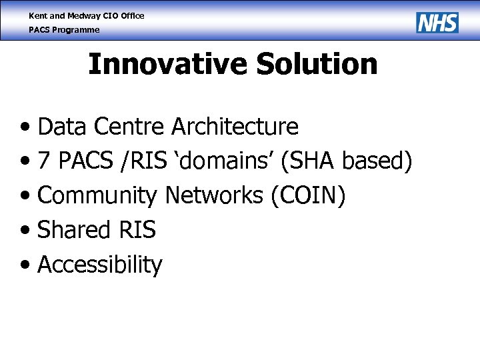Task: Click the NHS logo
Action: pyautogui.click(x=437, y=23)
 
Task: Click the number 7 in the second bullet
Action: pyautogui.click(x=44, y=161)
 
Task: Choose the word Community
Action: pyautogui.click(x=97, y=195)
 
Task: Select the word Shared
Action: pyautogui.click(x=73, y=230)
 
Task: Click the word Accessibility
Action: pyautogui.click(x=99, y=265)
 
